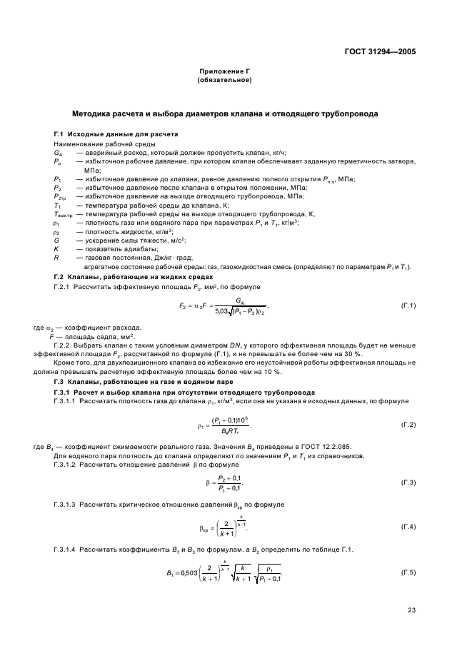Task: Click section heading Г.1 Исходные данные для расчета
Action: (x=116, y=134)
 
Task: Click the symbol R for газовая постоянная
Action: (x=56, y=257)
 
